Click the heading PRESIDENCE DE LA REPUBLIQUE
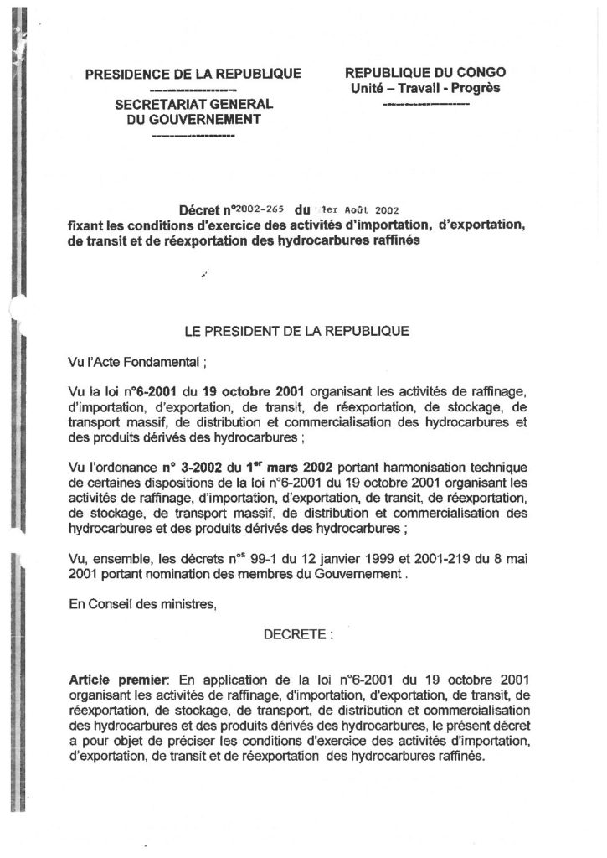coord(188,75)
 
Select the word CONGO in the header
coord(480,73)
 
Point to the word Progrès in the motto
coord(476,88)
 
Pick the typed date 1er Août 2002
coord(347,213)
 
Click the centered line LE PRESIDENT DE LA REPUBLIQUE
coord(296,331)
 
